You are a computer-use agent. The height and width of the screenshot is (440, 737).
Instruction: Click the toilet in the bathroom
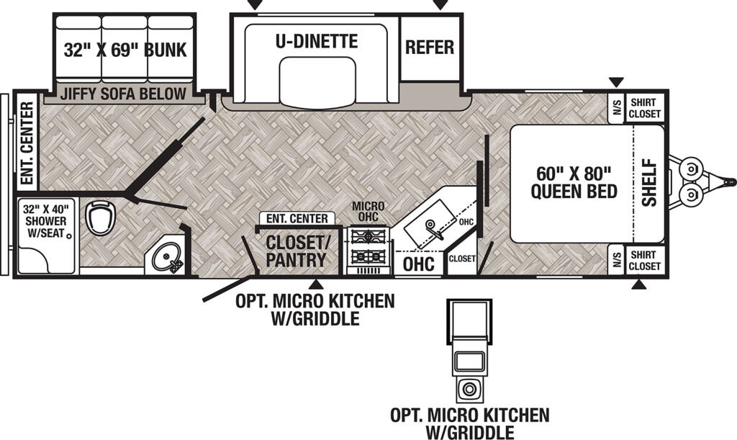coord(101,218)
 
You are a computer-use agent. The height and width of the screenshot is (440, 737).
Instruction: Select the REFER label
coord(430,47)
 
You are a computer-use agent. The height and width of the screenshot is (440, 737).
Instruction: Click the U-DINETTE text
coord(317,41)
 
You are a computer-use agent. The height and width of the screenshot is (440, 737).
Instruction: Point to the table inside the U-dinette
coord(317,81)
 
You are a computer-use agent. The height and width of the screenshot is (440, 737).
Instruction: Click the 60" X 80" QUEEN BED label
coord(574,182)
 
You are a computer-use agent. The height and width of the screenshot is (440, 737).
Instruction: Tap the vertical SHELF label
coord(649,182)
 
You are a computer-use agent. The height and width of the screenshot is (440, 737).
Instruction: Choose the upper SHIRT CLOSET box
coord(645,108)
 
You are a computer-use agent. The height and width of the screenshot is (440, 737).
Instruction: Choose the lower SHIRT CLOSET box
coord(645,260)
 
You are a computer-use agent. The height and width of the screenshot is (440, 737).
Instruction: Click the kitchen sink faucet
coord(433,227)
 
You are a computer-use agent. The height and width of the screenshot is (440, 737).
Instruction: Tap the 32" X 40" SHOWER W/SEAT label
coord(45,220)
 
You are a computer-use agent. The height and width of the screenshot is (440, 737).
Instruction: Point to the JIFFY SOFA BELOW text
coord(123,94)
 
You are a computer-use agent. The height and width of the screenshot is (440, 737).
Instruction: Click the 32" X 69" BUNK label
coord(125,50)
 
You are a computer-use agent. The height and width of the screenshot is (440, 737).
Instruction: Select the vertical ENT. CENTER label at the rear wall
coord(27,143)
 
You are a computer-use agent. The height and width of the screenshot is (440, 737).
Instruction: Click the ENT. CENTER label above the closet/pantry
coord(297,219)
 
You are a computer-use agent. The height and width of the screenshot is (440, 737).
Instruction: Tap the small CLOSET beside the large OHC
coord(462,259)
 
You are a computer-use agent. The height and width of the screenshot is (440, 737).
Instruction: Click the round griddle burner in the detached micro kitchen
coord(469,389)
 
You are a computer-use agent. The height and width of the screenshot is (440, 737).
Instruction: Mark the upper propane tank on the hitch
coord(691,168)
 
